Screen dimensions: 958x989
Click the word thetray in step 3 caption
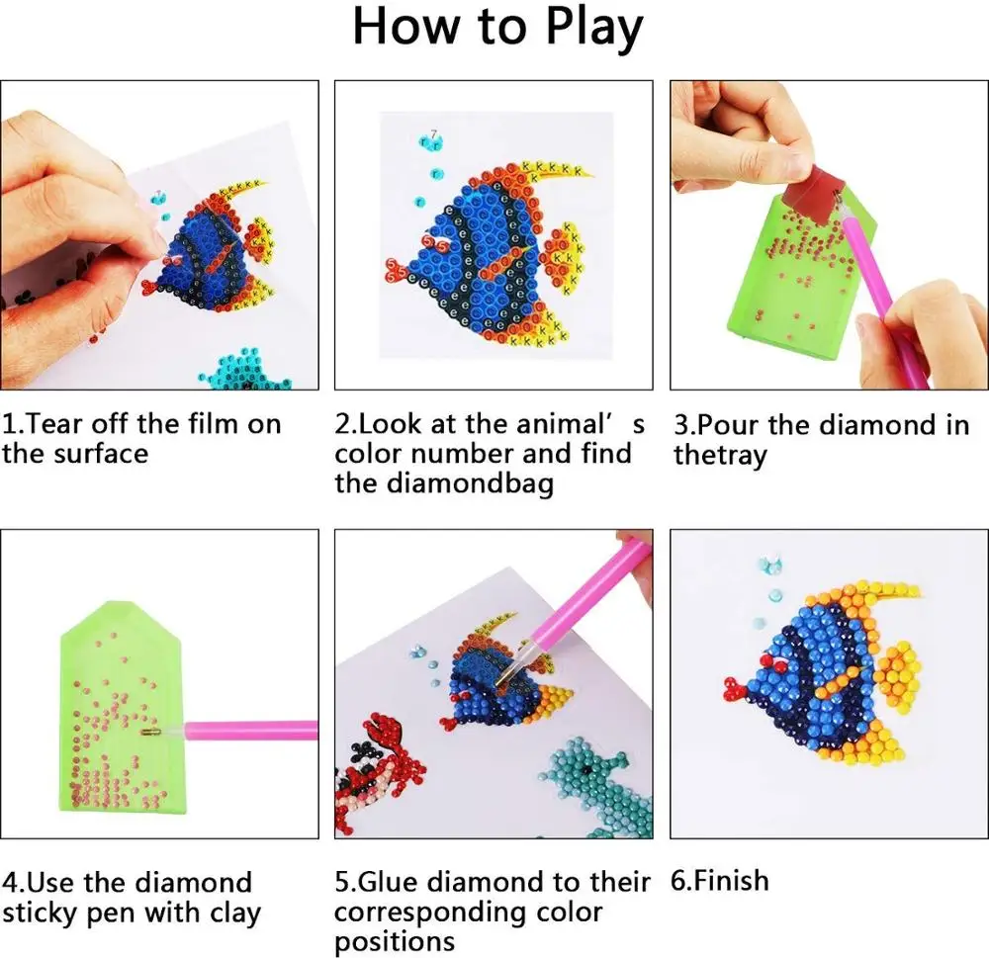click(x=720, y=456)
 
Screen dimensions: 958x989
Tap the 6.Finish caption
click(x=720, y=881)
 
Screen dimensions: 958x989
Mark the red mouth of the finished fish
click(x=734, y=683)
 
